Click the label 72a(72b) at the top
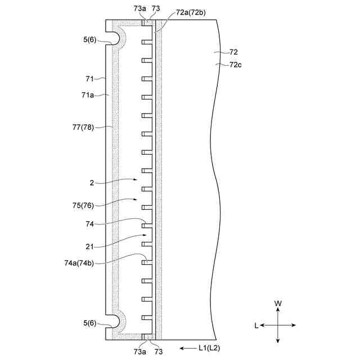[x=191, y=12]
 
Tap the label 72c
[x=235, y=65]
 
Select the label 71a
[x=88, y=95]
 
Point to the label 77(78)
[x=83, y=127]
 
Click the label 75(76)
[x=83, y=205]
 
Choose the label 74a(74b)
[x=79, y=263]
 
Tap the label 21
[x=90, y=247]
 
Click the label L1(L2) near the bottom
[x=209, y=348]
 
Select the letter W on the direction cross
[x=278, y=304]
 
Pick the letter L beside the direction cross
[x=256, y=325]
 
